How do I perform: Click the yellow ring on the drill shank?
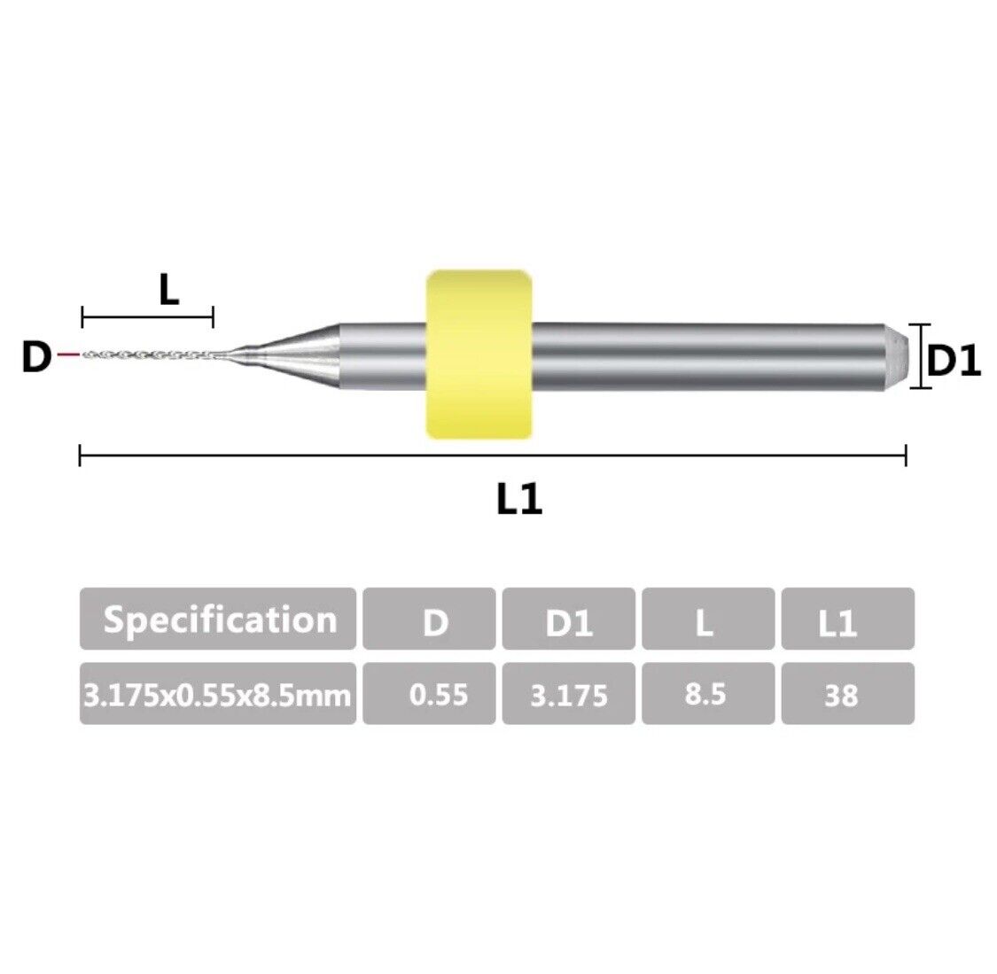point(479,355)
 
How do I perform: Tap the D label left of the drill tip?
point(36,356)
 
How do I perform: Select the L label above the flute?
point(168,291)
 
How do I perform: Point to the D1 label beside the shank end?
point(954,361)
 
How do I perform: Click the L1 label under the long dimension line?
point(518,499)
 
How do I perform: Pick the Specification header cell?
point(218,619)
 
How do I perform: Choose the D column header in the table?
point(429,619)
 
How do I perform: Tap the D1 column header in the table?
point(568,619)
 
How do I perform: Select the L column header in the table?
point(708,619)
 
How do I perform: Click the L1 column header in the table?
point(847,619)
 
